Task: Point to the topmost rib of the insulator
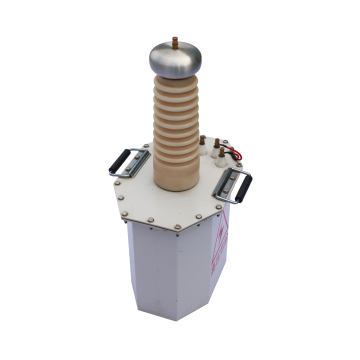(178, 84)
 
